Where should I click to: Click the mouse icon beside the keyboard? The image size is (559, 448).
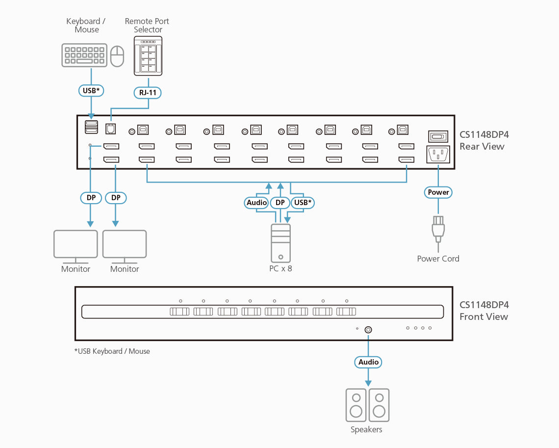click(x=117, y=56)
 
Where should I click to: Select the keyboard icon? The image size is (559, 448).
click(x=84, y=55)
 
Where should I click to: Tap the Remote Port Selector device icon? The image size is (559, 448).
click(x=148, y=56)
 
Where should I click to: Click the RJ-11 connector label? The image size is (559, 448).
click(x=148, y=92)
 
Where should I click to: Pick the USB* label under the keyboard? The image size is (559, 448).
click(x=91, y=90)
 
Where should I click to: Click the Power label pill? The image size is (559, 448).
click(x=438, y=192)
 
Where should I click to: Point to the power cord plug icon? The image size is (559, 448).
click(x=438, y=228)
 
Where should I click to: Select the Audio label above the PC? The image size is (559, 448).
click(x=256, y=202)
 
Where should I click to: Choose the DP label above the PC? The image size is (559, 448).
click(x=280, y=202)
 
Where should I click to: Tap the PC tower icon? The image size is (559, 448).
click(x=280, y=243)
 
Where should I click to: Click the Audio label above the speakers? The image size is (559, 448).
click(x=368, y=362)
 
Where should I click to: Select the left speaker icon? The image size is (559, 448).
click(x=356, y=405)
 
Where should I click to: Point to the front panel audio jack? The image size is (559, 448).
click(x=368, y=330)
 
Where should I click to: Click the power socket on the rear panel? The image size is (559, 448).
click(x=438, y=155)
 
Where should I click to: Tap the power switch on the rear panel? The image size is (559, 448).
click(x=438, y=136)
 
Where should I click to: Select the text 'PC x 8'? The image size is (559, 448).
click(x=280, y=268)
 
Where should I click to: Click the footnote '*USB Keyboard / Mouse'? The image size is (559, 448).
click(x=112, y=351)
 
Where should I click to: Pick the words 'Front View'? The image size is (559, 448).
click(x=483, y=316)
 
